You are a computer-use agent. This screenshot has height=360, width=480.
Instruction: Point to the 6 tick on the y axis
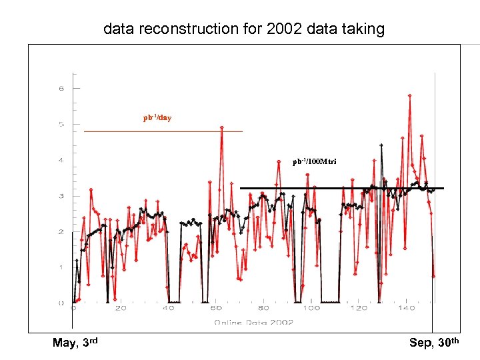click(x=61, y=88)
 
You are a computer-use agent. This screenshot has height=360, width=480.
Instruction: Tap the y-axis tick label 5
click(x=61, y=124)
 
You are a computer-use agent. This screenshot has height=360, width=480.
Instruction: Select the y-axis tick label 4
click(x=61, y=160)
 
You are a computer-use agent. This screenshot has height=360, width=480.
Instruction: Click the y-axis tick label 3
click(x=61, y=196)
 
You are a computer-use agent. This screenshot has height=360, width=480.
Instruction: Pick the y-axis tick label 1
click(x=61, y=268)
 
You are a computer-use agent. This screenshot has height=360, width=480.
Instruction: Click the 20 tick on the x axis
click(x=121, y=309)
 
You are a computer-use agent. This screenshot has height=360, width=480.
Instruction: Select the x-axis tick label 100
click(x=311, y=309)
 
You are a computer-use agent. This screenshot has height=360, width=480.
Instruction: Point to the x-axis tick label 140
click(x=406, y=309)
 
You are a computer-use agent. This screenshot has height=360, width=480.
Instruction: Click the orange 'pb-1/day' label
click(x=157, y=118)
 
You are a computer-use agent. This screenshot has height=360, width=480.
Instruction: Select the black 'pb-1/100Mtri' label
click(x=315, y=162)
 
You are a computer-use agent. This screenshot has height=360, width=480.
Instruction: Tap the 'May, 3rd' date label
click(x=75, y=343)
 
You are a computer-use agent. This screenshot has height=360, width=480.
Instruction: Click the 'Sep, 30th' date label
click(x=434, y=343)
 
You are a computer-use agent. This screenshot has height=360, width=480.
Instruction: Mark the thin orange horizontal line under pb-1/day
click(x=163, y=132)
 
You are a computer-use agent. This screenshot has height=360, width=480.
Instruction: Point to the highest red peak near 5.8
click(x=409, y=95)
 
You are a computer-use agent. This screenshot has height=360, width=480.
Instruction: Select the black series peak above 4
click(x=381, y=145)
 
